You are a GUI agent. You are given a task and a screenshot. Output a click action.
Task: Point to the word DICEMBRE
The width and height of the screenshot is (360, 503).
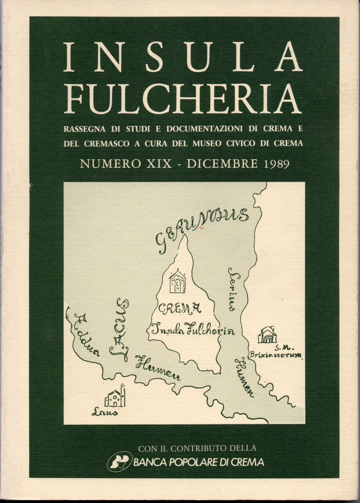pyautogui.click(x=220, y=163)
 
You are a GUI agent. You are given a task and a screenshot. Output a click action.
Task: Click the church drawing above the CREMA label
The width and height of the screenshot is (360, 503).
pyautogui.click(x=177, y=281)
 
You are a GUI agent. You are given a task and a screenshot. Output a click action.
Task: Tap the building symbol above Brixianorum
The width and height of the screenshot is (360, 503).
pyautogui.click(x=267, y=335)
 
